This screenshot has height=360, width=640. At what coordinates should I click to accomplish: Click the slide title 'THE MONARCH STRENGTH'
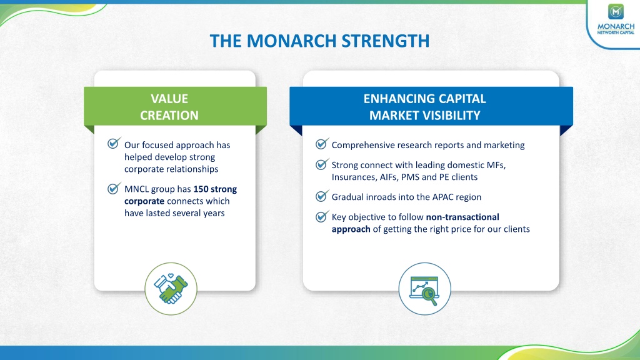(x=319, y=41)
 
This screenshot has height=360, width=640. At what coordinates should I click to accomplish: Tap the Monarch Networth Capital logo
(x=616, y=19)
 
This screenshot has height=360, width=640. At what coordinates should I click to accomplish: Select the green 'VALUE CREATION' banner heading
(x=169, y=107)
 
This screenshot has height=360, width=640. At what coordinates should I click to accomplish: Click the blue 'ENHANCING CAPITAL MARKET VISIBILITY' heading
(x=425, y=107)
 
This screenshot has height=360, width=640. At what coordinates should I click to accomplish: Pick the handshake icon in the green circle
(x=171, y=289)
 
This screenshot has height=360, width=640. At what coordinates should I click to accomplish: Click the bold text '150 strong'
(x=215, y=189)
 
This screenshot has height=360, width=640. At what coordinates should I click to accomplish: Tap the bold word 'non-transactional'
(x=462, y=217)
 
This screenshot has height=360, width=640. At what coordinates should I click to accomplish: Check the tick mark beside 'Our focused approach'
(x=114, y=143)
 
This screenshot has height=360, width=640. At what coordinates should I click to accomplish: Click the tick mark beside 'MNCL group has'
(x=114, y=188)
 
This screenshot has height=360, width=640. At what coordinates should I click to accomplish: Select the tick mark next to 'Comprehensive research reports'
(x=322, y=144)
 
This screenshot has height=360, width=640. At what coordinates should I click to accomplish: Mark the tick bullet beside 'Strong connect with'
(x=322, y=164)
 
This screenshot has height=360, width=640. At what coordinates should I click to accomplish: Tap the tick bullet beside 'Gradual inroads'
(x=322, y=196)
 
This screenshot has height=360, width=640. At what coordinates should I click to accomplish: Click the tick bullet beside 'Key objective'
(x=322, y=216)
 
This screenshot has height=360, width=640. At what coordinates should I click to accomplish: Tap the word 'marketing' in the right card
(x=504, y=145)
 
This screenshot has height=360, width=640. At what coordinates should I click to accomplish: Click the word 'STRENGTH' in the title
(x=385, y=41)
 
